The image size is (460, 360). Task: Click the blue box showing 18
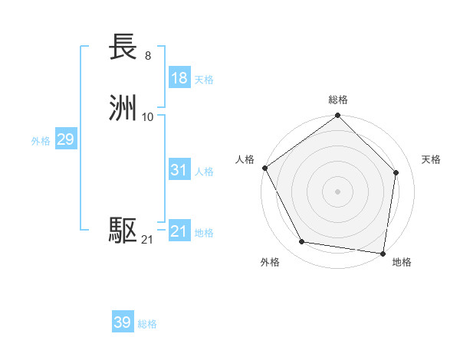[179, 78]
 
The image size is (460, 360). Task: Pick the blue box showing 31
[179, 170]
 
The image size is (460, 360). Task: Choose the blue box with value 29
[65, 139]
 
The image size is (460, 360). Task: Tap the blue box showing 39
[123, 322]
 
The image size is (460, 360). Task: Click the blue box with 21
[179, 231]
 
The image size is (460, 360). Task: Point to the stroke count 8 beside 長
[147, 55]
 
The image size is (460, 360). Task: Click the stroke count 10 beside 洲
[148, 116]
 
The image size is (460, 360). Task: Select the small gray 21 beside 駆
[147, 240]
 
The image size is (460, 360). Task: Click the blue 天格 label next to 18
[204, 80]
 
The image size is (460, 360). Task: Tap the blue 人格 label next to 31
[204, 172]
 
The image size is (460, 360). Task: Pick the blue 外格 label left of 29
[41, 141]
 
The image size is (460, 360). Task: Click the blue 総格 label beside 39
[147, 324]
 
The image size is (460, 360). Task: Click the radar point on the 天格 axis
[396, 172]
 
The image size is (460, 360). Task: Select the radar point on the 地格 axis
[383, 253]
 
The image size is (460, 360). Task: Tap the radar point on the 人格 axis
[264, 168]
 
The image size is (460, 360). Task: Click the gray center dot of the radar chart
[337, 191]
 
